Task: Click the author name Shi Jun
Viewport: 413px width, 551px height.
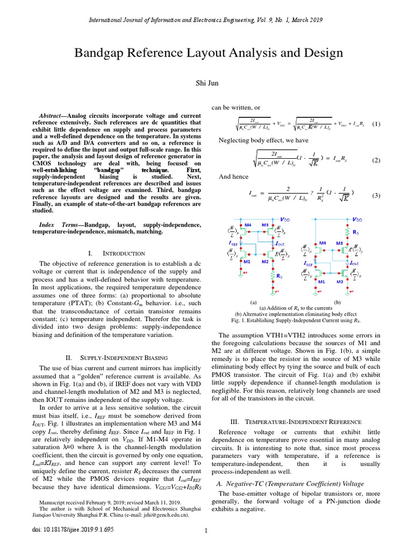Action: pyautogui.click(x=206, y=83)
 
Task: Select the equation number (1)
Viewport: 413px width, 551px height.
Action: pyautogui.click(x=376, y=124)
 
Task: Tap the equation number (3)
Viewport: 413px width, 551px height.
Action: pyautogui.click(x=376, y=195)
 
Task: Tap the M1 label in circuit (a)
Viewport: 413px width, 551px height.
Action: pyautogui.click(x=248, y=262)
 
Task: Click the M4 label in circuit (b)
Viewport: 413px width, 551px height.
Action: pyautogui.click(x=323, y=243)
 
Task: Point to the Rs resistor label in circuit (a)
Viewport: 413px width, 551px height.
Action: pyautogui.click(x=280, y=276)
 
